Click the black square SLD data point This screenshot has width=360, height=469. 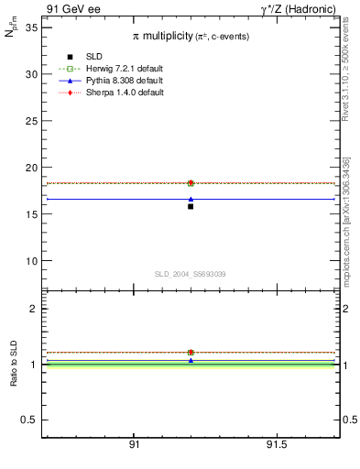pos(191,206)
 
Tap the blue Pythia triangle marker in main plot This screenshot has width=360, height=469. pos(191,199)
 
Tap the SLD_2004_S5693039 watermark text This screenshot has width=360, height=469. pos(190,274)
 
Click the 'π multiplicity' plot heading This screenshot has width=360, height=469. pos(190,35)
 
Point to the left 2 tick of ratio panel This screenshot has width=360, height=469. pos(33,309)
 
